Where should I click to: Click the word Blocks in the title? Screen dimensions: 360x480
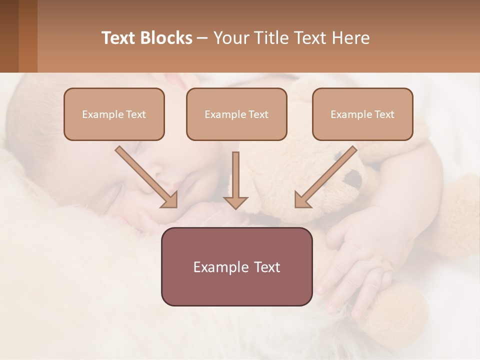166,38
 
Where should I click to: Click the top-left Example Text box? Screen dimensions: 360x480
114,114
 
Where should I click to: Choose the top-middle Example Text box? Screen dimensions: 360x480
236,114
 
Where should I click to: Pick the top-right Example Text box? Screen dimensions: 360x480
362,114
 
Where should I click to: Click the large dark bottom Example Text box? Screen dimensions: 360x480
236,266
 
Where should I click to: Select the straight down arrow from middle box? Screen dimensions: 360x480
235,180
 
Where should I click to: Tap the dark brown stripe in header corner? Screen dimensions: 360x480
9,36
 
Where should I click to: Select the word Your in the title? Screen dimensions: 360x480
229,38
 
